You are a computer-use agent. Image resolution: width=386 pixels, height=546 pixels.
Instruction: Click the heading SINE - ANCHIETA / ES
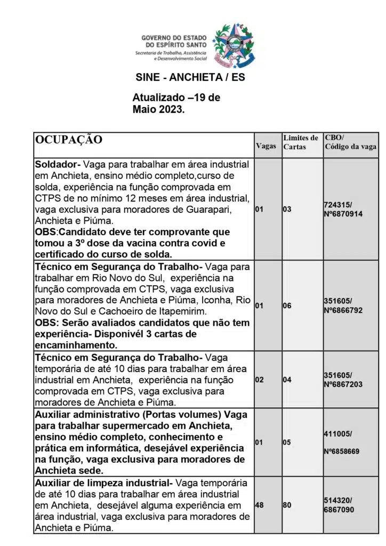[190, 77]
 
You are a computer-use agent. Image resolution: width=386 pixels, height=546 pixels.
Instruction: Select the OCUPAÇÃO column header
[69, 140]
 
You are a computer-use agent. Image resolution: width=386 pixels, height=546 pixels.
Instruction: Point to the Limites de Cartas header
[301, 142]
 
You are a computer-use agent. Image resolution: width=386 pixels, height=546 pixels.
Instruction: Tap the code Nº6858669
[342, 451]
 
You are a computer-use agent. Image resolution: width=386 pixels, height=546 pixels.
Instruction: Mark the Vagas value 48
[260, 504]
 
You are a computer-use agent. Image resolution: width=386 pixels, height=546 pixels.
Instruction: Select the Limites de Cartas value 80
[287, 504]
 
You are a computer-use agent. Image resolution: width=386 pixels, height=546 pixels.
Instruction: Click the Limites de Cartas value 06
[287, 306]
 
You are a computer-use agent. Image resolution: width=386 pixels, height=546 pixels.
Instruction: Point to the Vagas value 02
[260, 380]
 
